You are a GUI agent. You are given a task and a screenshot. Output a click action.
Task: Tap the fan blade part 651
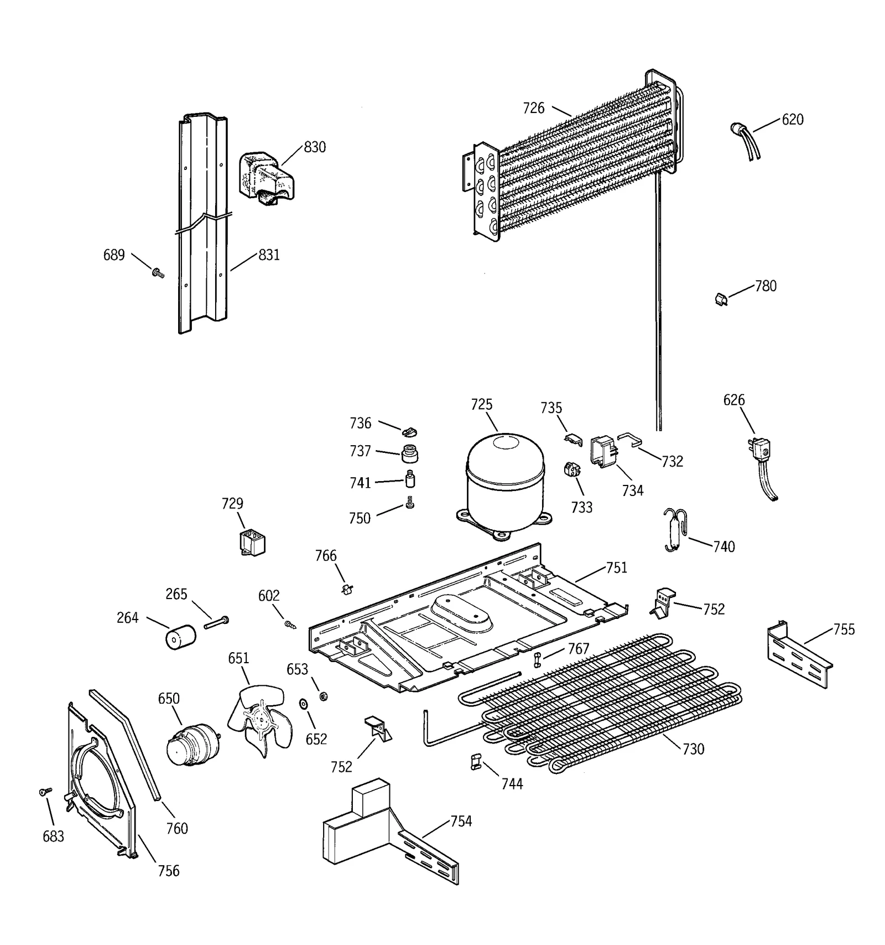256,718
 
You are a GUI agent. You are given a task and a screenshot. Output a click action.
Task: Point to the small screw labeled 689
158,272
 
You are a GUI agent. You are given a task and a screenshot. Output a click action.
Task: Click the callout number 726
534,109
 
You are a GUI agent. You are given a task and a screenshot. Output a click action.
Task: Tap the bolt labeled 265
216,622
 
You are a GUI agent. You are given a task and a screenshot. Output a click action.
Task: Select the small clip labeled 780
720,299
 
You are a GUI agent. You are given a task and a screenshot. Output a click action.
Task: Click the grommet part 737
409,453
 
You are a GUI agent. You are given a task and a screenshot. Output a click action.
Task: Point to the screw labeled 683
45,792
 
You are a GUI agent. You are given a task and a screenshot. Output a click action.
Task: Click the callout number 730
693,749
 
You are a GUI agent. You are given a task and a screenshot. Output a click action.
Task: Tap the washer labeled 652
304,704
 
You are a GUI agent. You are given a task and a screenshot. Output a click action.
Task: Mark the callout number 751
617,568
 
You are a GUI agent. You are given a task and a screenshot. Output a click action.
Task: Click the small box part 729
252,543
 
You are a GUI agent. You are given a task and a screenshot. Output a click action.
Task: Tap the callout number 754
461,822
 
